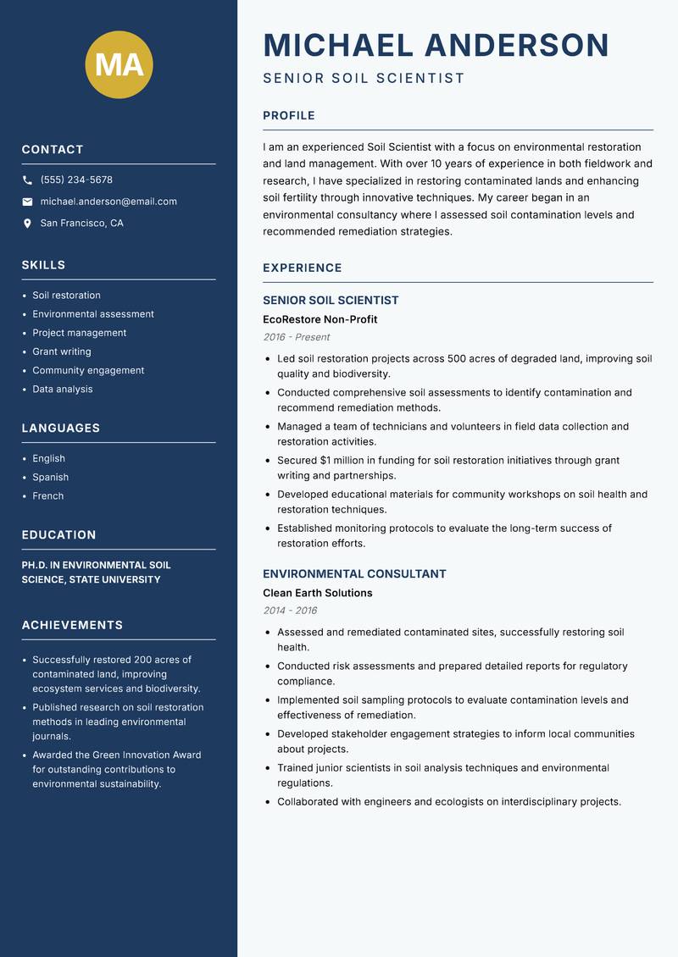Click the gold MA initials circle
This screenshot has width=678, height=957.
(x=119, y=64)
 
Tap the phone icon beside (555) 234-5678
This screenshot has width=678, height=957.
(x=27, y=180)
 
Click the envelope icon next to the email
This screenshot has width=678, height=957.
(x=27, y=202)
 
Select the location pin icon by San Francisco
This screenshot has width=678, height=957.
(x=27, y=224)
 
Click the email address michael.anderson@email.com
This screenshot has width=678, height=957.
(x=108, y=202)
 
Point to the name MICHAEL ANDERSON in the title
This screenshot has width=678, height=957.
(x=436, y=45)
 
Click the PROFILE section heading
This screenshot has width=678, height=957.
(x=288, y=115)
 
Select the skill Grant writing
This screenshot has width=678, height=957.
(x=62, y=351)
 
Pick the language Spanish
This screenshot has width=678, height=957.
(x=51, y=477)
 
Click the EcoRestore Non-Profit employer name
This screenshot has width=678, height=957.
(x=320, y=319)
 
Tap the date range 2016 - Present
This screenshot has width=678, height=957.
(x=296, y=337)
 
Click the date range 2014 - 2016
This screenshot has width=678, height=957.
(x=290, y=611)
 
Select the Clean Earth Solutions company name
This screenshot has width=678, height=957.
(x=317, y=593)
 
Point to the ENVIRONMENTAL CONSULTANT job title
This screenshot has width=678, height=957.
(x=354, y=573)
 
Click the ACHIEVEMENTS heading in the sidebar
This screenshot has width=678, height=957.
(x=72, y=625)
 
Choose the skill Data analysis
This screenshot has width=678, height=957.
(x=63, y=389)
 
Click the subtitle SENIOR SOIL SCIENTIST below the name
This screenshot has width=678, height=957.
(x=364, y=79)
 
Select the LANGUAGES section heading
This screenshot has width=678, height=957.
(x=61, y=428)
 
